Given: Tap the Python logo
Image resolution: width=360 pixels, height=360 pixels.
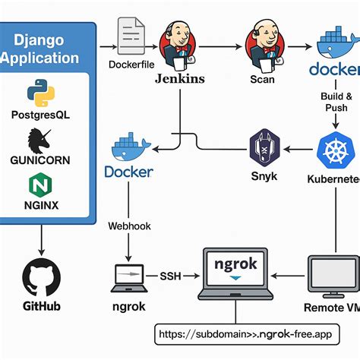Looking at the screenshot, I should (40, 93).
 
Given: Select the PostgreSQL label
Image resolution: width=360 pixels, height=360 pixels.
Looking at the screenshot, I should (42, 115).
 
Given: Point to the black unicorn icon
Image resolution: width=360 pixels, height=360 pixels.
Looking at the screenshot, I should (39, 142).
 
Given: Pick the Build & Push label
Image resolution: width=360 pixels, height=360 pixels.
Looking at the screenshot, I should (337, 103).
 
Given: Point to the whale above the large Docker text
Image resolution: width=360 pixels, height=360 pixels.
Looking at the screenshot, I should (129, 147).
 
